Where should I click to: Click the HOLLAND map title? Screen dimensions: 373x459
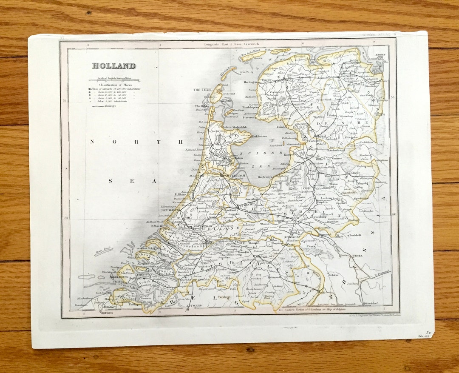tap(114, 66)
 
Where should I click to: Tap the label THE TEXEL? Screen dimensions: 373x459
tap(202, 90)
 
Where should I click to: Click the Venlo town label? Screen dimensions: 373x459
tap(321, 292)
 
